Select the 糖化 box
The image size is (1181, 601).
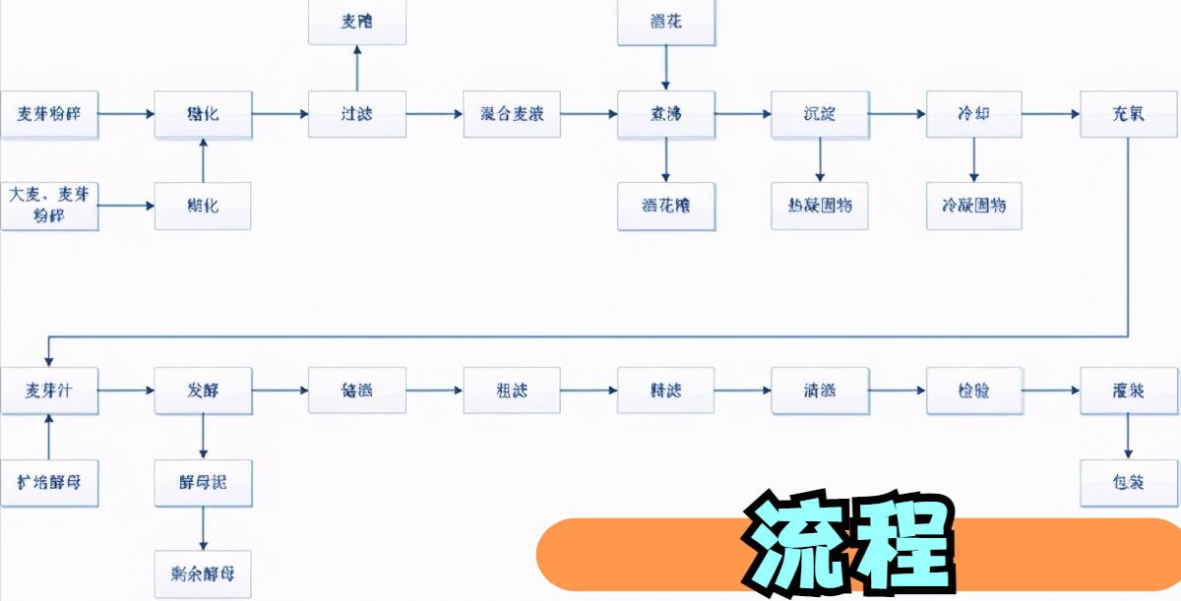203,114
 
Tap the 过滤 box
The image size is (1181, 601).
356,114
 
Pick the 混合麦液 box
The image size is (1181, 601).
512,114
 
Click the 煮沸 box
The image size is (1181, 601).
666,114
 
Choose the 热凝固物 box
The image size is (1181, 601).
820,207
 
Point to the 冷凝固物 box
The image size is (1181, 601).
974,207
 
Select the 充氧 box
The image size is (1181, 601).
1129,114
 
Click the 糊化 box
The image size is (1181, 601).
203,207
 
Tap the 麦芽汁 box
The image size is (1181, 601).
49,391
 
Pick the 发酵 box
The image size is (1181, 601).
203,391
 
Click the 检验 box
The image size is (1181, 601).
974,391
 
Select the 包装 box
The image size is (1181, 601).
1129,483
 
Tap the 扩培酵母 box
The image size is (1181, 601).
49,483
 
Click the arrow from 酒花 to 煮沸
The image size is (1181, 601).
666,68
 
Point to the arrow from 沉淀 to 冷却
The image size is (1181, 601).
897,114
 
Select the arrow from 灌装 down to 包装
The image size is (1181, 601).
1129,437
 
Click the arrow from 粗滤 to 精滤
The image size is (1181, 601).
589,391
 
